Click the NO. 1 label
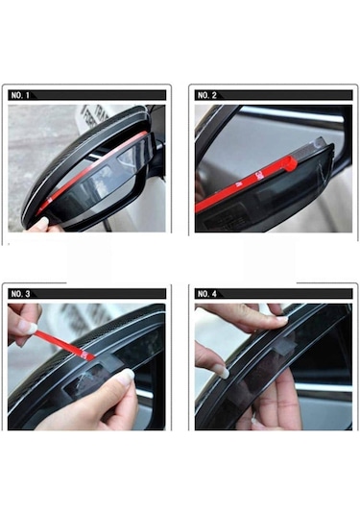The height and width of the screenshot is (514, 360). coord(20,96)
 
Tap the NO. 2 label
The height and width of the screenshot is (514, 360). coord(206,96)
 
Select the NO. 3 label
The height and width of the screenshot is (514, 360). coord(20,293)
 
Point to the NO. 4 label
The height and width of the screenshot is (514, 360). coord(206,293)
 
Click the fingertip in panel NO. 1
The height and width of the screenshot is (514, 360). coord(39,224)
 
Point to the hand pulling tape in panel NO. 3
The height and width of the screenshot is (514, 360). coord(23,322)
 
